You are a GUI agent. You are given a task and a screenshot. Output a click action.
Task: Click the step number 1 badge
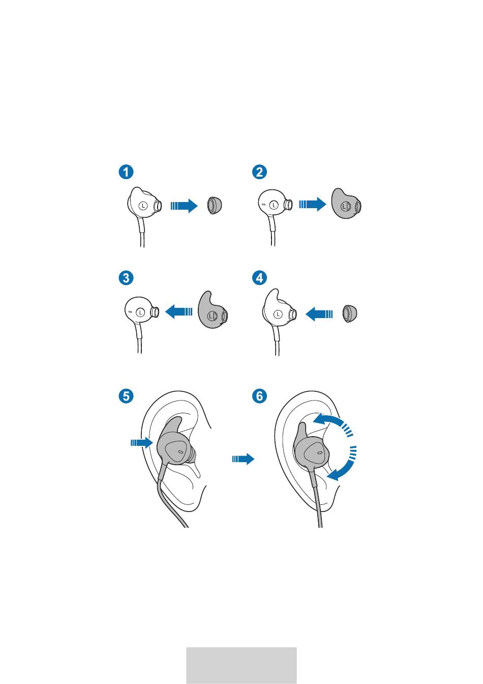[126, 172]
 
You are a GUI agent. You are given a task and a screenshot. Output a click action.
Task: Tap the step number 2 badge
[259, 172]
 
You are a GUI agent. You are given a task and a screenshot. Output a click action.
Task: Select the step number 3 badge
[126, 278]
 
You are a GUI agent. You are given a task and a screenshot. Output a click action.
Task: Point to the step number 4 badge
[259, 278]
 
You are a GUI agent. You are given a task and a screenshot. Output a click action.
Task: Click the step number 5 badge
[126, 396]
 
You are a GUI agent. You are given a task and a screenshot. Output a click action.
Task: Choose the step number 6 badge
[259, 396]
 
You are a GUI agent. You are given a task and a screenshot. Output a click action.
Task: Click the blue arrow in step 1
[184, 206]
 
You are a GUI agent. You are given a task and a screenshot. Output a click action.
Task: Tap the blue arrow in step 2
[313, 204]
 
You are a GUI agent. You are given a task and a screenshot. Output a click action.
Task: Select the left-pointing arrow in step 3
[179, 311]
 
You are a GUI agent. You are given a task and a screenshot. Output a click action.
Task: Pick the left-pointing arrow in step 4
[319, 314]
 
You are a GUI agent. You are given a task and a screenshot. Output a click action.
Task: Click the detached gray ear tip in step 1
[214, 206]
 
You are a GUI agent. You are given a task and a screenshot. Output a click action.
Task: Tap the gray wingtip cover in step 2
[346, 204]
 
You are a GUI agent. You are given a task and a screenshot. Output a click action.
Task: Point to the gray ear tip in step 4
[350, 313]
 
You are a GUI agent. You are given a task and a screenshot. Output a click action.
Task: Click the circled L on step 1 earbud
[143, 206]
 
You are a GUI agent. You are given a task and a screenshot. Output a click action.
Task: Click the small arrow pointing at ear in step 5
[141, 442]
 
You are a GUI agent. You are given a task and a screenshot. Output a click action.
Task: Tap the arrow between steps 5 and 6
[243, 459]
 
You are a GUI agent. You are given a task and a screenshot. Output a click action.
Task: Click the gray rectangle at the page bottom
[242, 665]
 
